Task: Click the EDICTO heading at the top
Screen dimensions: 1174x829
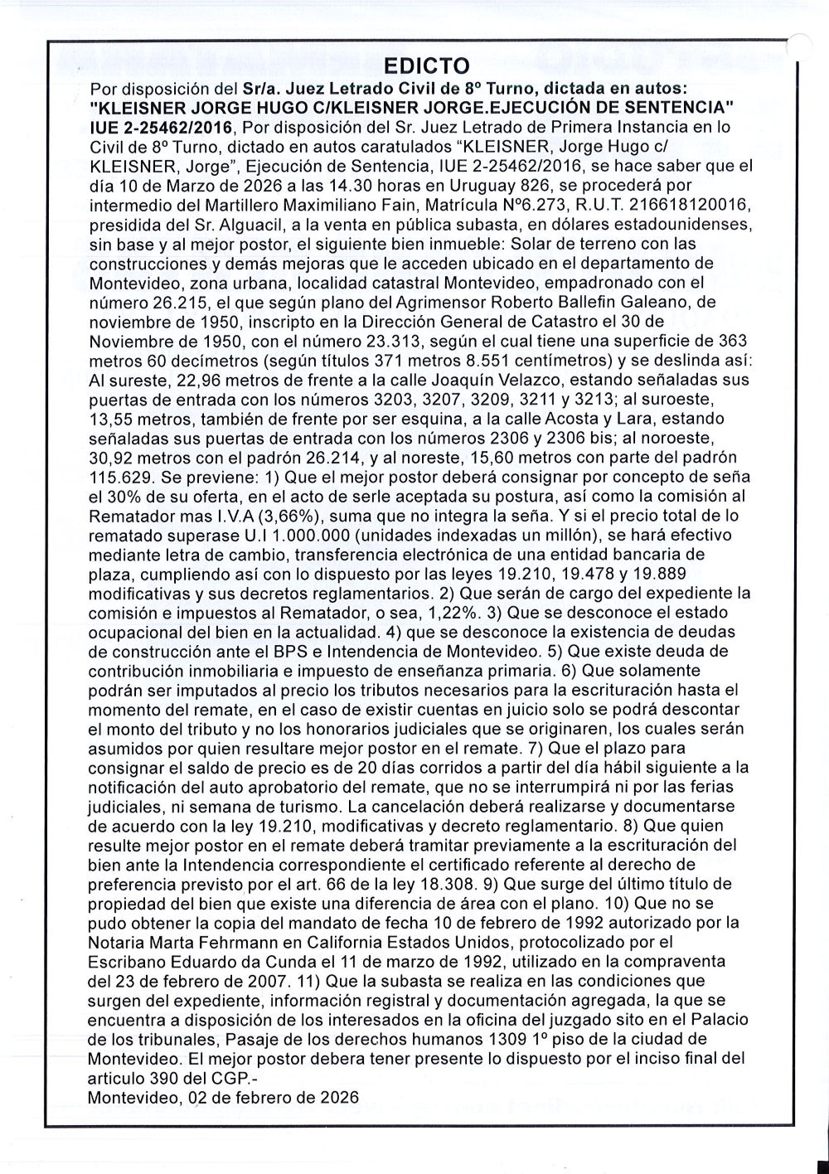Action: (428, 65)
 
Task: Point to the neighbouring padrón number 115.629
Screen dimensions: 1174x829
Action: (123, 477)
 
